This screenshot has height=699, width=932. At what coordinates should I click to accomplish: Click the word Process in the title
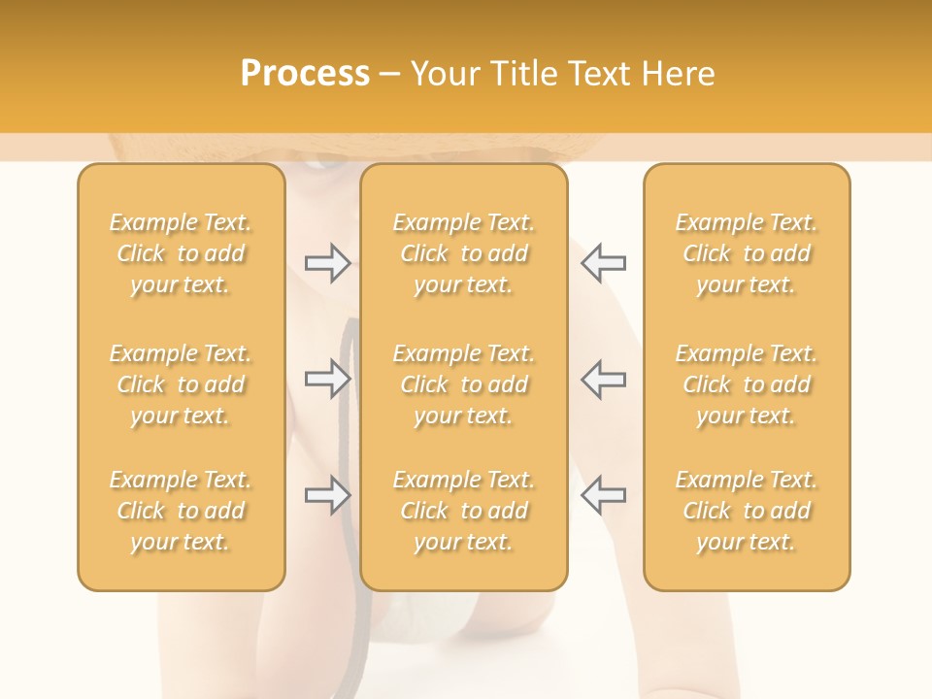(305, 74)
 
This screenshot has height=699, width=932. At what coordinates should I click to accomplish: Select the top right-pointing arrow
(327, 263)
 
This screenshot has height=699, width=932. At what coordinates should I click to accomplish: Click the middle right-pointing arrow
(327, 379)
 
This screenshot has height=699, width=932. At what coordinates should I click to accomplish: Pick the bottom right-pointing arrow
(327, 495)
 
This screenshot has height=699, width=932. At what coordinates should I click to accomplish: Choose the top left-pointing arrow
(603, 263)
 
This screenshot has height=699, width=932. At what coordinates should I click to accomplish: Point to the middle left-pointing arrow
(603, 379)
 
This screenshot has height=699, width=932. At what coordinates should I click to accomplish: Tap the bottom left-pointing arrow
(603, 495)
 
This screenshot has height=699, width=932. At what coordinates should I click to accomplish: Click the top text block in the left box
(181, 253)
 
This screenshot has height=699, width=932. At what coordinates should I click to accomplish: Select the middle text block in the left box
(181, 384)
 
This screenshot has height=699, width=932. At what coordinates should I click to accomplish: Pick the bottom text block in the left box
(181, 511)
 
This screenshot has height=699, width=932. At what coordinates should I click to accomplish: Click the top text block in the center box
(464, 253)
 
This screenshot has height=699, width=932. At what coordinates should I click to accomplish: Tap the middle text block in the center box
(464, 384)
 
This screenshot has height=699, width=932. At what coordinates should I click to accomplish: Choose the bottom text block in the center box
(464, 511)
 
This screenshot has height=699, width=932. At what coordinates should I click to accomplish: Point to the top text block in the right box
(747, 253)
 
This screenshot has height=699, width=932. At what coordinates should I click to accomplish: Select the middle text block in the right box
(747, 384)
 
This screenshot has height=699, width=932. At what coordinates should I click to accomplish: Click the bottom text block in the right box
(747, 511)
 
